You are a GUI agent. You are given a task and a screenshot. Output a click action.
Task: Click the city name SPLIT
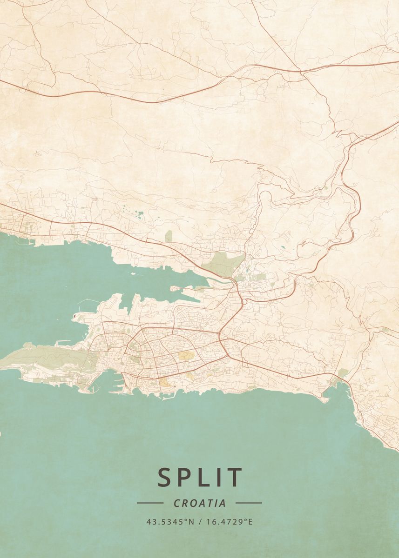pos(200,477)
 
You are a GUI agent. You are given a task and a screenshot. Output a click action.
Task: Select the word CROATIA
pos(200,503)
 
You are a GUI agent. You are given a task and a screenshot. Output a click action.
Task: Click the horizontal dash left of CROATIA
pos(150,503)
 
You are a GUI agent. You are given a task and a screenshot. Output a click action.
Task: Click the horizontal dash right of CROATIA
pos(249,503)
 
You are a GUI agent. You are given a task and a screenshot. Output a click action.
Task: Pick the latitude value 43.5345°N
pos(170,522)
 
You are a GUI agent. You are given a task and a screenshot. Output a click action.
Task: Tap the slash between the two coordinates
pos(200,522)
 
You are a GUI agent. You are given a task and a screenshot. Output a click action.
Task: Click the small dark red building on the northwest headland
pos(74,316)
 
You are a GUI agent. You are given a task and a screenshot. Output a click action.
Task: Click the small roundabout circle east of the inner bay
pos(244,302)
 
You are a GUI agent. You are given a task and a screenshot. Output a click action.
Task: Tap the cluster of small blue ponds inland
pos(140,214)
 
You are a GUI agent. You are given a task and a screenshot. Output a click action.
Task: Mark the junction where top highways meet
pos(300,72)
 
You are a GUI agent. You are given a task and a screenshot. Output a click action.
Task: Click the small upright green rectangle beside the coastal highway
pos(168,236)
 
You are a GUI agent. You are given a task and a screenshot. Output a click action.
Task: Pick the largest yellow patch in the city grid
pos(186,356)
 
